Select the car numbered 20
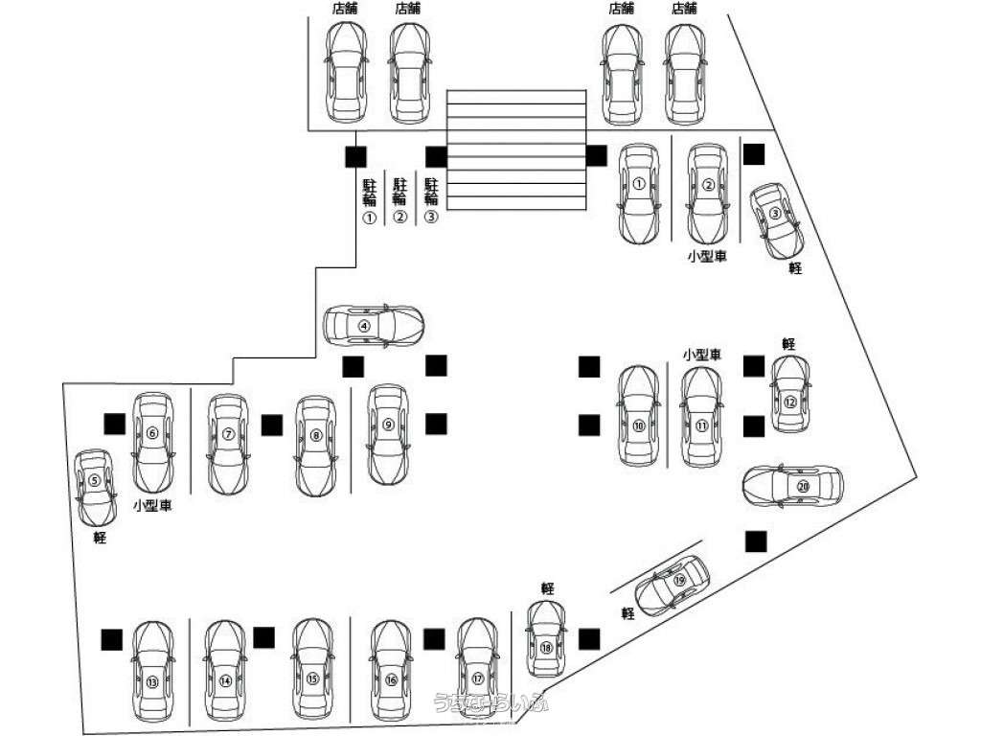click(x=794, y=486)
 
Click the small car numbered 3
click(x=776, y=219)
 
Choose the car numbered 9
click(x=388, y=433)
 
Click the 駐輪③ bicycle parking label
click(x=431, y=199)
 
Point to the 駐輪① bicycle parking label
click(x=370, y=199)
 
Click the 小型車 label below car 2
click(x=706, y=257)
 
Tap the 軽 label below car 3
click(x=795, y=269)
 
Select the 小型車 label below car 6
click(x=151, y=505)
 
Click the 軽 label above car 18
click(x=548, y=588)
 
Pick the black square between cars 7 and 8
click(x=272, y=424)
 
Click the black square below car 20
click(x=757, y=541)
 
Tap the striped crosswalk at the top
click(x=517, y=149)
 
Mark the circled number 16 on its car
click(x=391, y=679)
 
